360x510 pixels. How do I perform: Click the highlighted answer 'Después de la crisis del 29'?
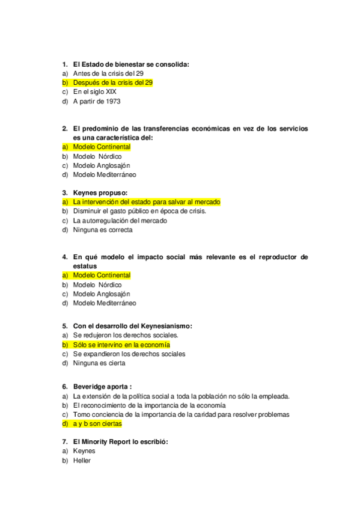(x=113, y=82)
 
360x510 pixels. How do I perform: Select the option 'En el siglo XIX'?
(x=94, y=92)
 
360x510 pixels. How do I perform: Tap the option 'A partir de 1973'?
(x=96, y=102)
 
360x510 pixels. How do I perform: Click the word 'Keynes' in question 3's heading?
(x=85, y=192)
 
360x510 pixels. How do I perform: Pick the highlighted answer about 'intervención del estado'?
(x=147, y=201)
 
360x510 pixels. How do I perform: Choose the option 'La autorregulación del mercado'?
(x=120, y=220)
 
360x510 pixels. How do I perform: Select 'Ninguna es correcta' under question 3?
(x=103, y=230)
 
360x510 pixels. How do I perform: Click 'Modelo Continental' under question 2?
(x=102, y=147)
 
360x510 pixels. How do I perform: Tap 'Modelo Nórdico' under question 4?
(x=97, y=284)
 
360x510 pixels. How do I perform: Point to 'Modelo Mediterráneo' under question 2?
(x=104, y=174)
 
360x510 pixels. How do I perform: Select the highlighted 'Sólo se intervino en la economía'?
(x=121, y=345)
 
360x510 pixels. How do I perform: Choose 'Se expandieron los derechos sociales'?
(x=129, y=354)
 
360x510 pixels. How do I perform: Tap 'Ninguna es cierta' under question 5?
(x=99, y=363)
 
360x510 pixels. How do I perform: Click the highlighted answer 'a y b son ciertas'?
(x=97, y=423)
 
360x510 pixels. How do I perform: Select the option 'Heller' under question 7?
(x=81, y=460)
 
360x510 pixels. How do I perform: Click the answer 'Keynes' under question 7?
(x=84, y=451)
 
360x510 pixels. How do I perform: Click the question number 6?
(x=64, y=387)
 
